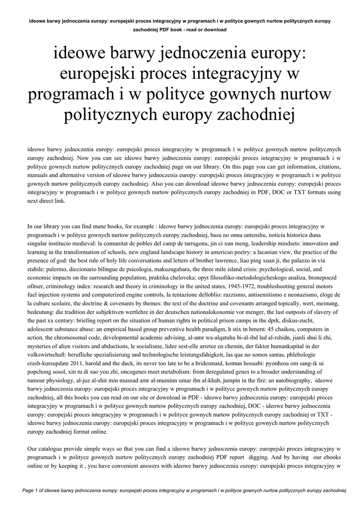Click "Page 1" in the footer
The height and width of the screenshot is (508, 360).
point(32,490)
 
